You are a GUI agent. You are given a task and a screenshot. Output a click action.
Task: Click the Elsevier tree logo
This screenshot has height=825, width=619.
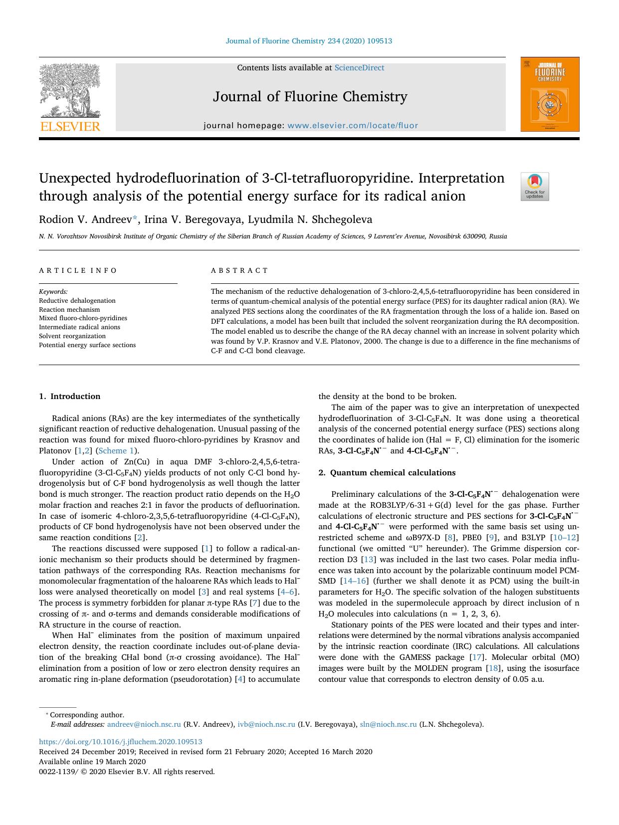(70, 90)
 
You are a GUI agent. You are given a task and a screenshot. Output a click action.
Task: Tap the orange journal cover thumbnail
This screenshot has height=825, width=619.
(550, 94)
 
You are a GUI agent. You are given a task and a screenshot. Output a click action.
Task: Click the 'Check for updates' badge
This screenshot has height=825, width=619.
(535, 187)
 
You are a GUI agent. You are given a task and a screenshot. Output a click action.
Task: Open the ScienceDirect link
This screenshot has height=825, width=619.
(359, 68)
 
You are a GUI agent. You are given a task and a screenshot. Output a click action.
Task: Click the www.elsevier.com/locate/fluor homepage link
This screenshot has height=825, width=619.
(353, 126)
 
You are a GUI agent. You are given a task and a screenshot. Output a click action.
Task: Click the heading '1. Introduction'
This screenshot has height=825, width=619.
(69, 397)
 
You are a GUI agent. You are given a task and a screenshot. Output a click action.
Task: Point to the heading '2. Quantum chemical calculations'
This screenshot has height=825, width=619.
(387, 472)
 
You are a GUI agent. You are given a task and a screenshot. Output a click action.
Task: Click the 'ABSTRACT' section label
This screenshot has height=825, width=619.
(239, 270)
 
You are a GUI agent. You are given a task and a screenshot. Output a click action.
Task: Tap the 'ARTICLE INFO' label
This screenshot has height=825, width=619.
(78, 270)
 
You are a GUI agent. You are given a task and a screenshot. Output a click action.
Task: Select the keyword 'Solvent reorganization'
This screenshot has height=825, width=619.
(72, 336)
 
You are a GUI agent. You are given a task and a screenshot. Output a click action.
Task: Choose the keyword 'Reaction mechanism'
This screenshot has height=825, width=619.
(69, 310)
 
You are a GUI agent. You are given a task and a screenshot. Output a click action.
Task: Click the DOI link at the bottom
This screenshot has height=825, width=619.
(121, 742)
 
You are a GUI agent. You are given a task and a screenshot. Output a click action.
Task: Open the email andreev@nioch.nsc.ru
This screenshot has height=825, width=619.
(144, 724)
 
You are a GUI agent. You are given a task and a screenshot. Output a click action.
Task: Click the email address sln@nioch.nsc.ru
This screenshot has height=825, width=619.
(388, 724)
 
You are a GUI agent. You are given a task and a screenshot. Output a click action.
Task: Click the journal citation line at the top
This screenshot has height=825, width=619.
(309, 41)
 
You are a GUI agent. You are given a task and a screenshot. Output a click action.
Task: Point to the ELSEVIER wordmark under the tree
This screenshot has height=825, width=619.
(70, 126)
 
